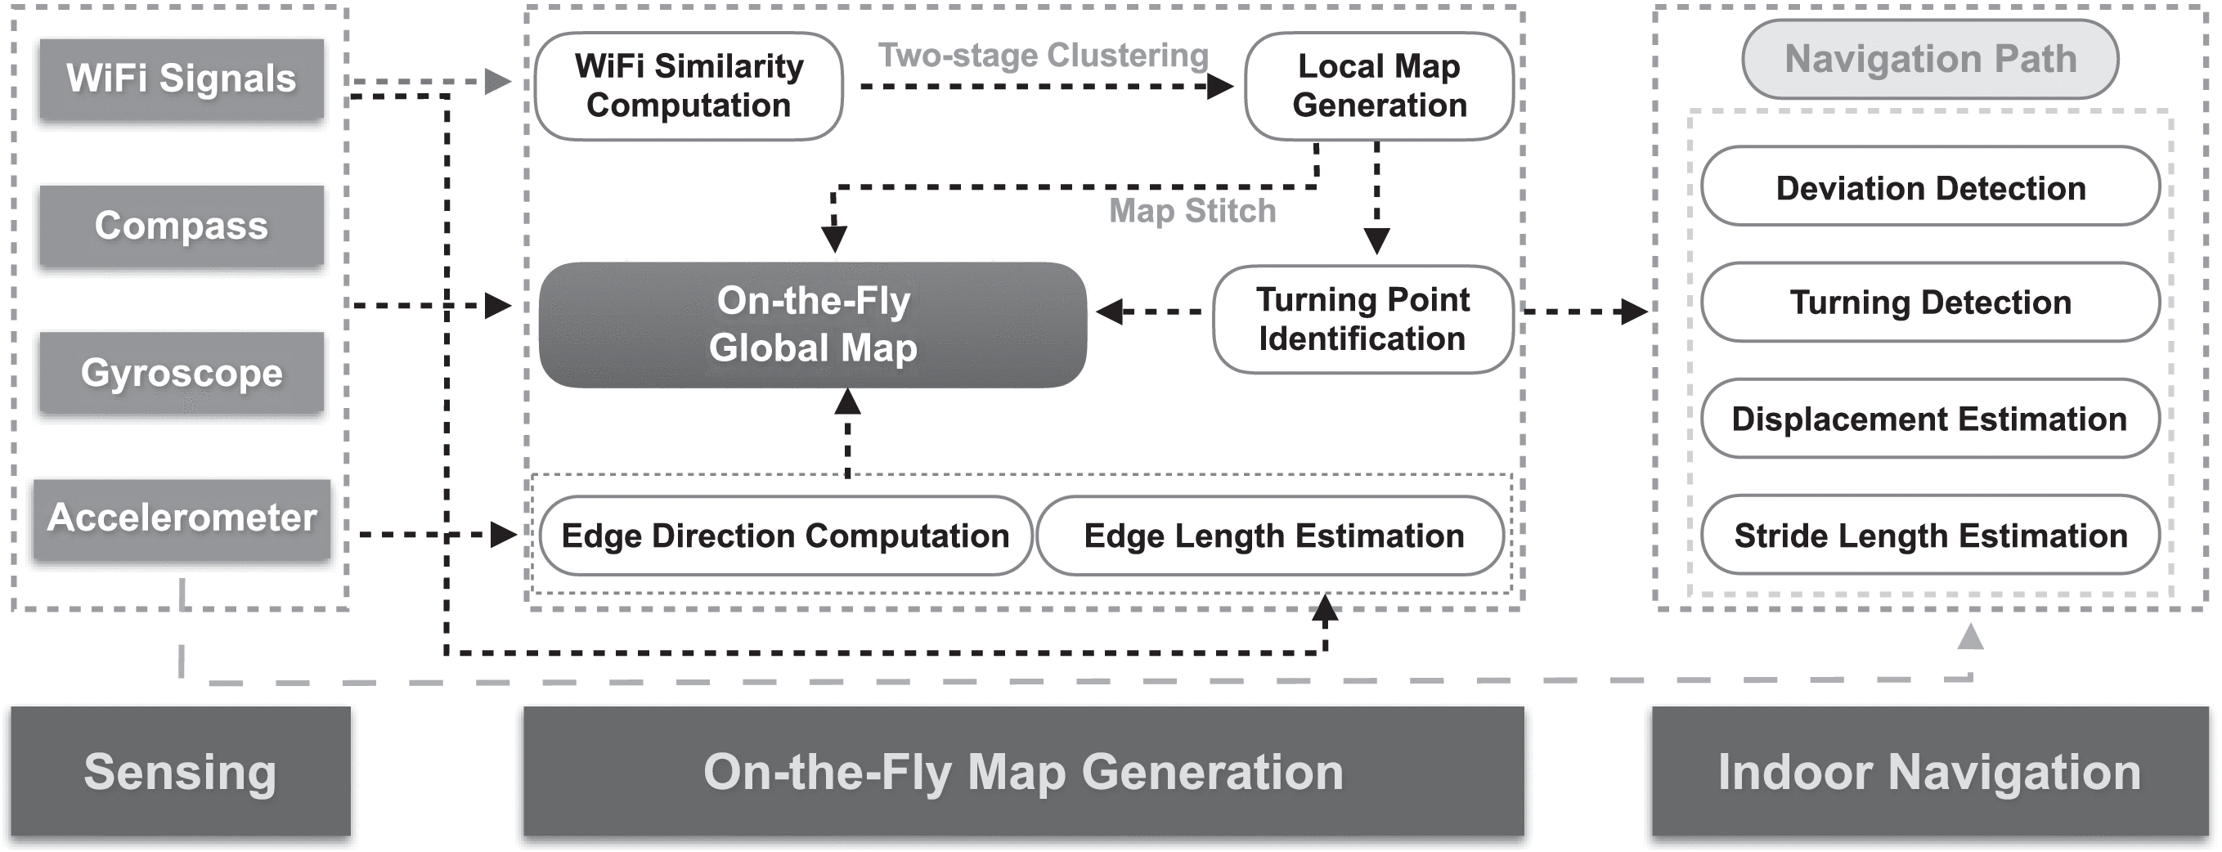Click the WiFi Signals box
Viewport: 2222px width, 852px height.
[181, 79]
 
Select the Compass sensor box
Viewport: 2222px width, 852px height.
[181, 226]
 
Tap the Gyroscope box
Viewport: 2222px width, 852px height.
[181, 374]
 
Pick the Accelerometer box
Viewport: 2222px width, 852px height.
[181, 518]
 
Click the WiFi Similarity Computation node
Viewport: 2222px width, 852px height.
[689, 86]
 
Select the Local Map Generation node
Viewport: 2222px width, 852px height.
[1378, 86]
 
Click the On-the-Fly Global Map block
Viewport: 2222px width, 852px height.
[813, 325]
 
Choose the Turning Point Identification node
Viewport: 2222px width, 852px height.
[1362, 319]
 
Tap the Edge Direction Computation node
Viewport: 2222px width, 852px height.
[785, 536]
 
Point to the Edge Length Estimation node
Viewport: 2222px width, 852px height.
[1273, 536]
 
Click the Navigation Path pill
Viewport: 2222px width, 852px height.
[1930, 59]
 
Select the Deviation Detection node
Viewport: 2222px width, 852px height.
[1930, 187]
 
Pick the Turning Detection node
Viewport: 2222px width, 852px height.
[1930, 303]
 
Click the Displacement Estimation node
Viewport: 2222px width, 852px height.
[1930, 419]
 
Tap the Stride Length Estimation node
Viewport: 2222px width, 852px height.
[1930, 536]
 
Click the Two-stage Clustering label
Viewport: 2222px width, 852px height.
[1043, 55]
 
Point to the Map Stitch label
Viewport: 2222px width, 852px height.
[1192, 210]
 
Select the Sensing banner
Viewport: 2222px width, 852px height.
[180, 771]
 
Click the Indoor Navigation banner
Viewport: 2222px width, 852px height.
[1929, 771]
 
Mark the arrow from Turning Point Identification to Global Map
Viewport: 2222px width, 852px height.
[1151, 312]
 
